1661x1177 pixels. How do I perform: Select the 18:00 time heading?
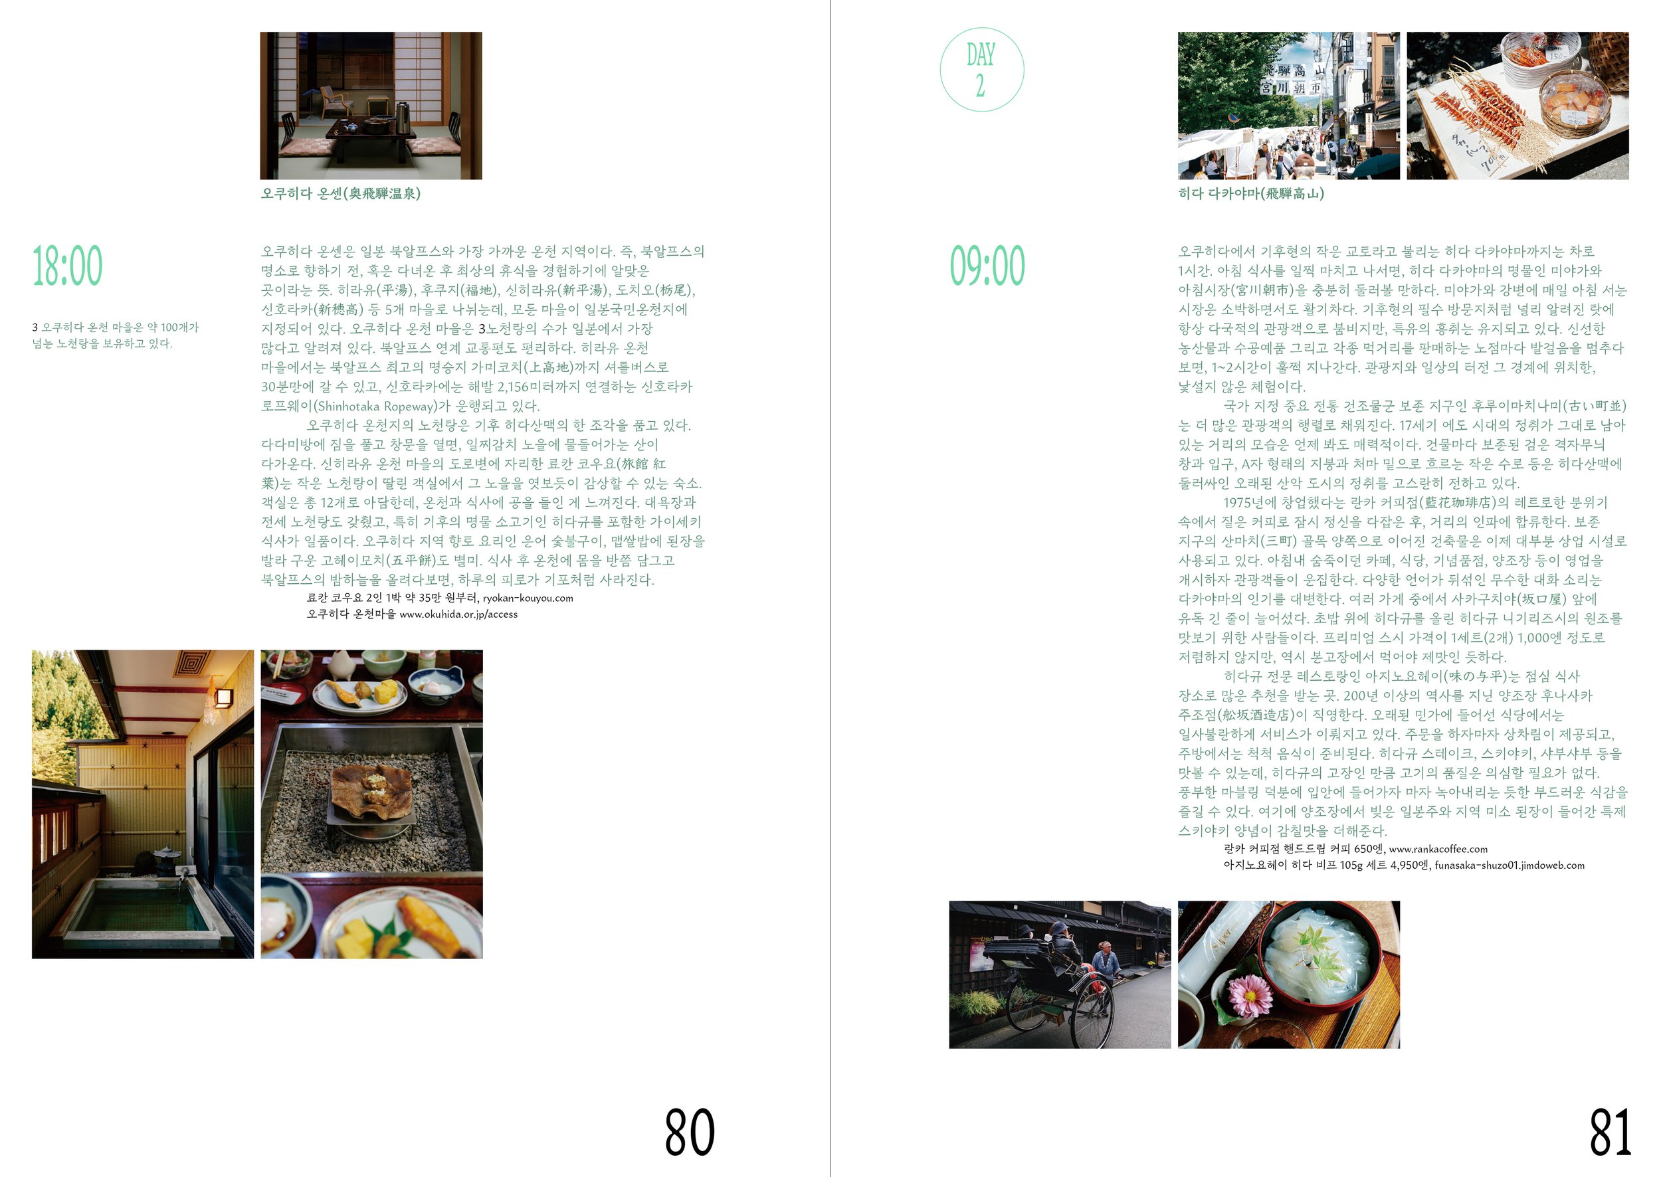click(67, 266)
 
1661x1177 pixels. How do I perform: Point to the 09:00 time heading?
click(987, 266)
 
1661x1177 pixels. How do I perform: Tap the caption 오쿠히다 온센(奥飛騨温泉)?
click(341, 193)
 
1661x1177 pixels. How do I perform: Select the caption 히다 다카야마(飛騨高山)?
click(1250, 193)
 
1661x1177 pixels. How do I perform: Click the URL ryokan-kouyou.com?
click(528, 598)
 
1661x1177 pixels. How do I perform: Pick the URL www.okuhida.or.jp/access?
click(458, 614)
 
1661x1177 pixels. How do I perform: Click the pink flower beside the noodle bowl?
click(1249, 995)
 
